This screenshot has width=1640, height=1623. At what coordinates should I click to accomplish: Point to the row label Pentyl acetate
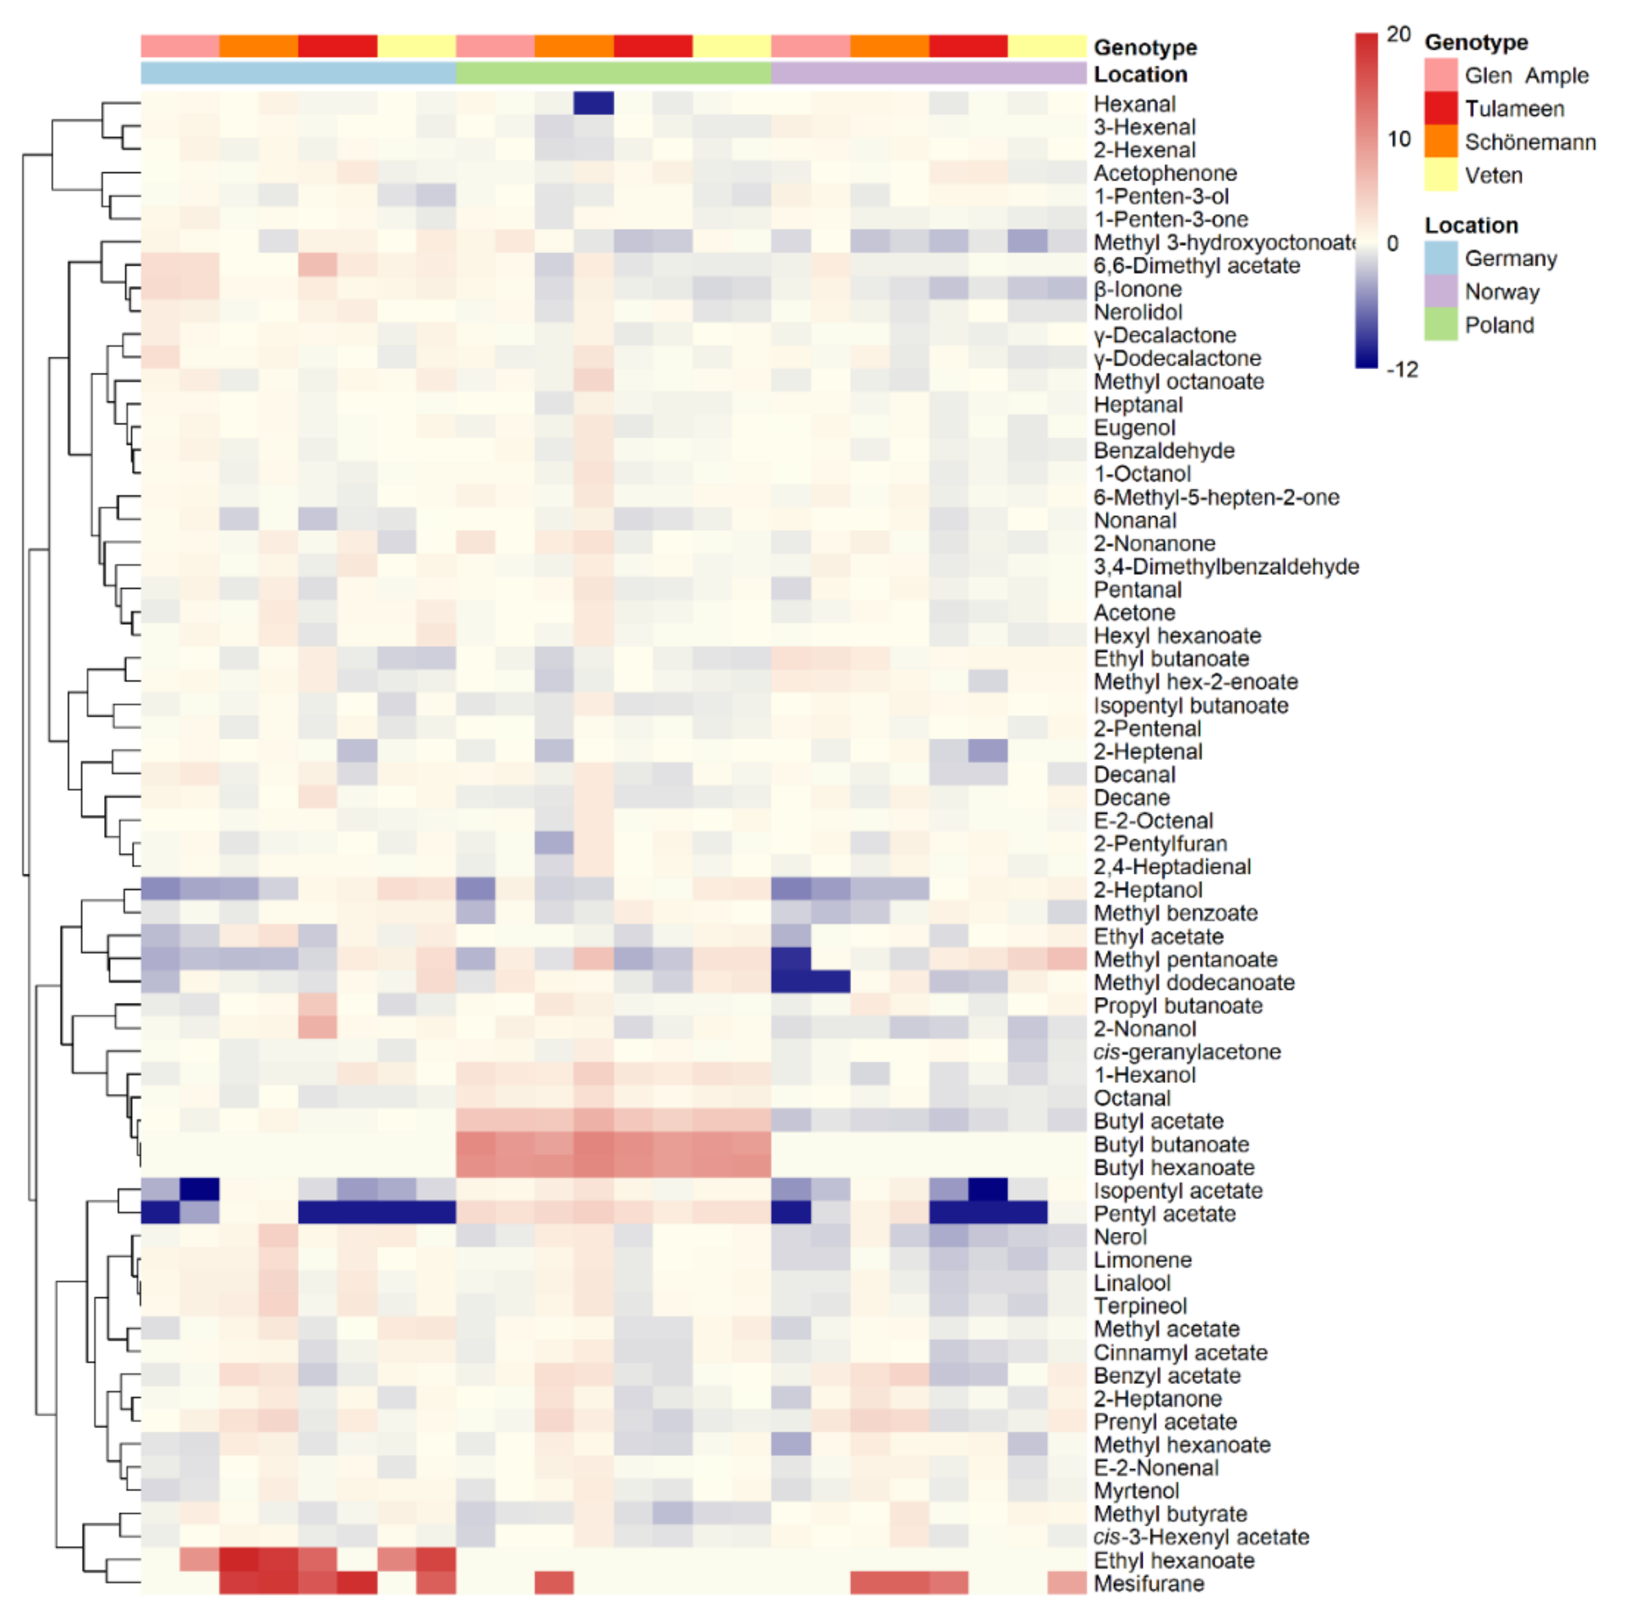[x=1164, y=1214]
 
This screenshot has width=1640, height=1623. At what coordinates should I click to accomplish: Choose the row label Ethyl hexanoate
[x=1173, y=1560]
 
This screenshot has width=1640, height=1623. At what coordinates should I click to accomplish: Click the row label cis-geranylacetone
[x=1186, y=1052]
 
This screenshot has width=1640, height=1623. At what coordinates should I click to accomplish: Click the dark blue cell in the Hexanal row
[x=593, y=103]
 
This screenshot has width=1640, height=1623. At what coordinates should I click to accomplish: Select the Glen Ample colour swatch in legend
[x=1440, y=75]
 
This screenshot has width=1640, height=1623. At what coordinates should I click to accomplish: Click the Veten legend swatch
[x=1440, y=175]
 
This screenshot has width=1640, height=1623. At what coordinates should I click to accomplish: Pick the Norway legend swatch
[x=1440, y=291]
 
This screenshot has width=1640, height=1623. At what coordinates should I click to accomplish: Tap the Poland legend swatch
[x=1440, y=324]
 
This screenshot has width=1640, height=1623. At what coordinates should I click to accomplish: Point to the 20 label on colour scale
[x=1398, y=35]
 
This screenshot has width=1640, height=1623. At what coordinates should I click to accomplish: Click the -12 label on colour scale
[x=1401, y=369]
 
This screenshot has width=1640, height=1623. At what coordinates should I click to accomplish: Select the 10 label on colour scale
[x=1398, y=139]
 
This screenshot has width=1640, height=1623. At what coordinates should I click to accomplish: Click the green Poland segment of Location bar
[x=613, y=74]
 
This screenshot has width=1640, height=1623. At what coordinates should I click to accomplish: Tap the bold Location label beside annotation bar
[x=1140, y=75]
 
